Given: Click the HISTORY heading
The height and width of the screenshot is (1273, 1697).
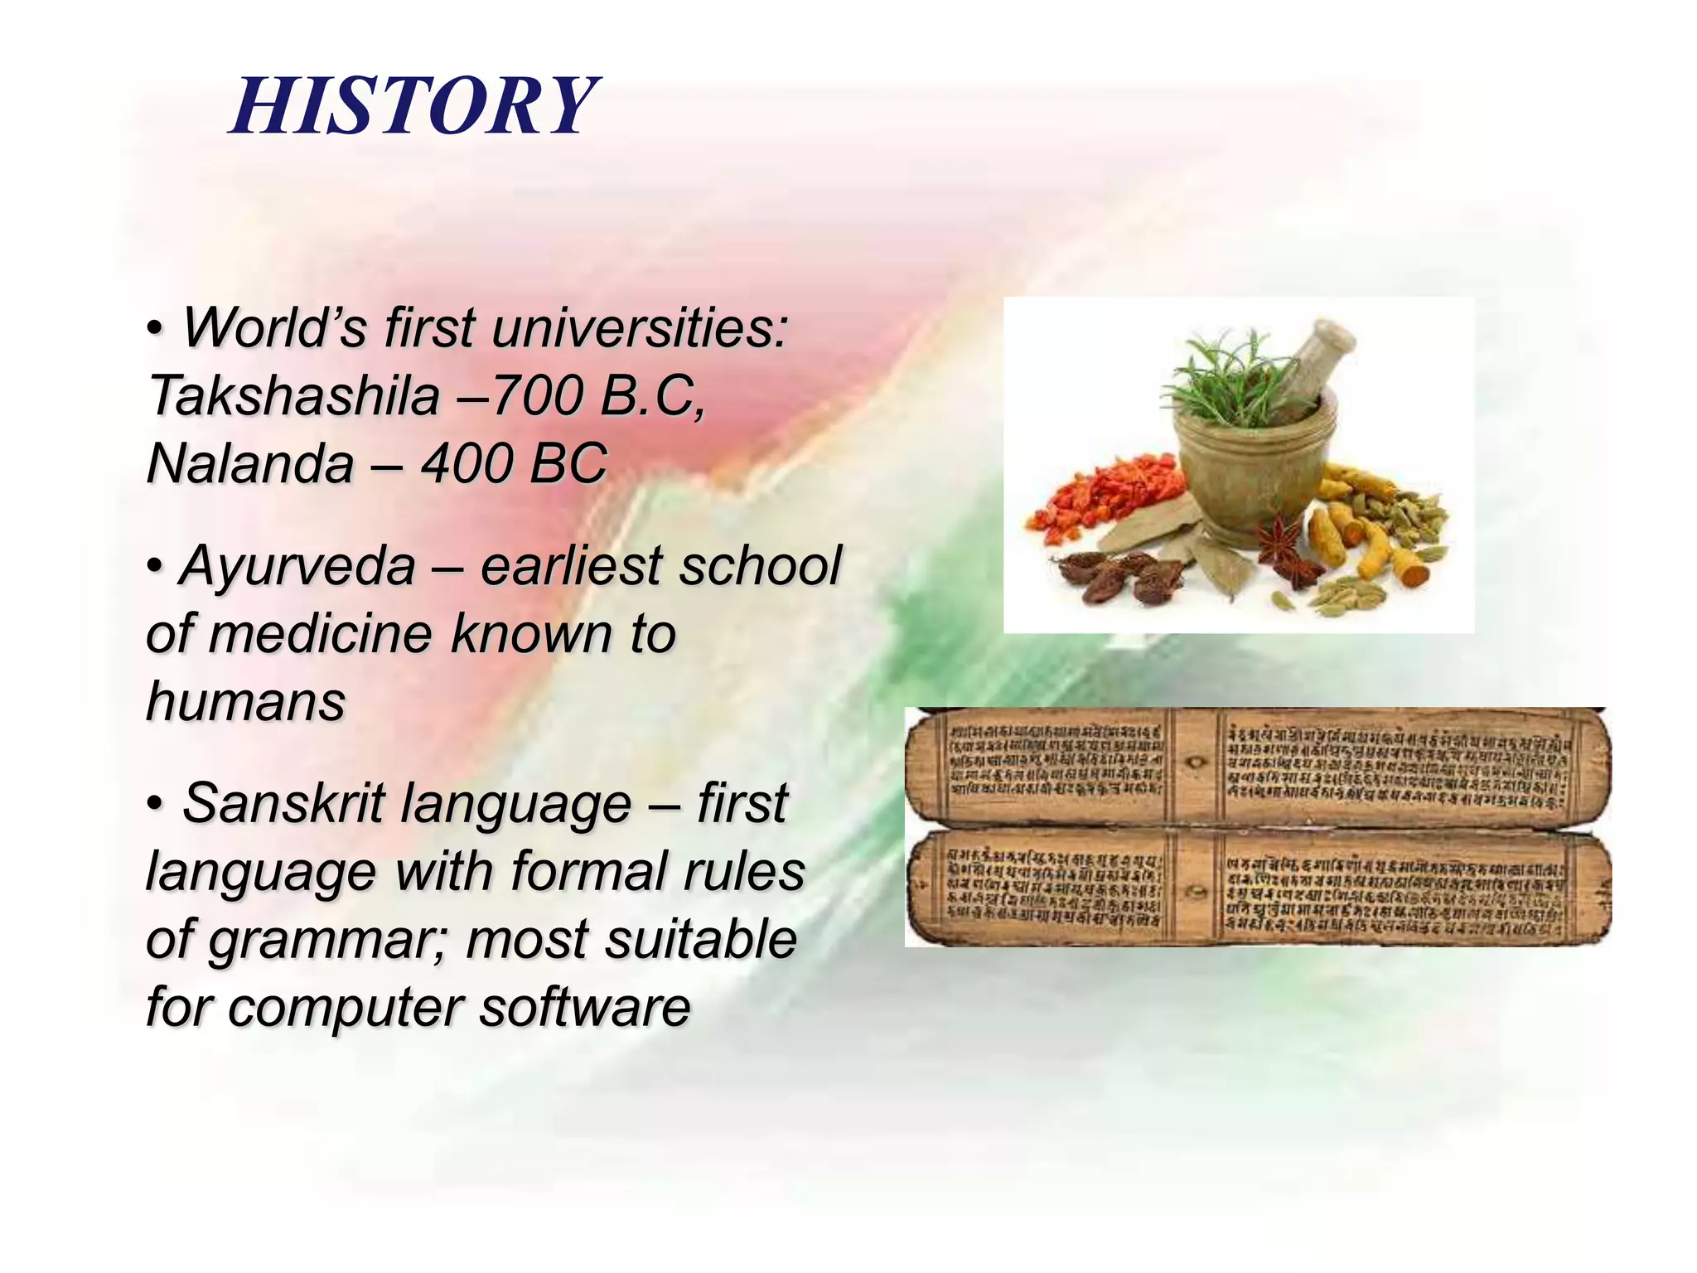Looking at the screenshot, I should pos(412,106).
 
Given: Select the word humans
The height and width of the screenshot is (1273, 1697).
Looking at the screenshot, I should pos(245,703).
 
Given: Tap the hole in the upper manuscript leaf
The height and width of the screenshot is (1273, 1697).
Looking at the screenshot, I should pos(1194,761).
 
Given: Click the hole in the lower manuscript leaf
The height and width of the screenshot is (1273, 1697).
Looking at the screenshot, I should pos(1196,893).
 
